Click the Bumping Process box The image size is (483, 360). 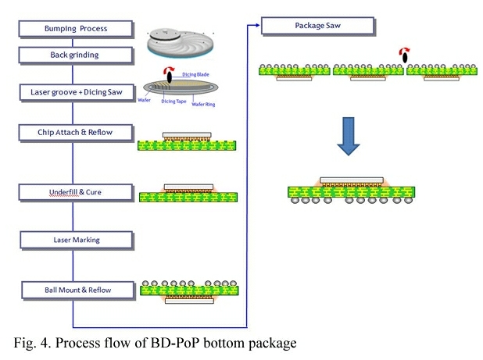pyautogui.click(x=74, y=29)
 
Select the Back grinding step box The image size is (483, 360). pyautogui.click(x=74, y=55)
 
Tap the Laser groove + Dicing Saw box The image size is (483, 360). pyautogui.click(x=74, y=92)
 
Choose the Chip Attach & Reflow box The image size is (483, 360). pyautogui.click(x=74, y=132)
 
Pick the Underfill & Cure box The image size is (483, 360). pyautogui.click(x=74, y=191)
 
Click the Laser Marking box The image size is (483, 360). pyautogui.click(x=74, y=239)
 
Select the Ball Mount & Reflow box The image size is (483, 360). pyautogui.click(x=74, y=290)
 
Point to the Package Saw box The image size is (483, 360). pyautogui.click(x=315, y=26)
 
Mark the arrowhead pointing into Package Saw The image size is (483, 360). pyautogui.click(x=256, y=26)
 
